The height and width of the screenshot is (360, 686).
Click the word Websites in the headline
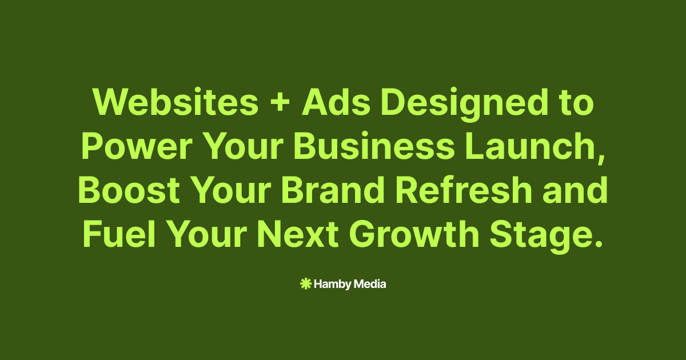(176, 102)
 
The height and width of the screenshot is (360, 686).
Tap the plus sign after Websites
(280, 103)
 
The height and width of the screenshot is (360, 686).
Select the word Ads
(336, 102)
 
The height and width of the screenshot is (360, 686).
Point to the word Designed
(464, 105)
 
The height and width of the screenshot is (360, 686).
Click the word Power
(137, 146)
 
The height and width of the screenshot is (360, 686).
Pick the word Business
(374, 146)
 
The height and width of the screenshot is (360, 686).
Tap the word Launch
(531, 146)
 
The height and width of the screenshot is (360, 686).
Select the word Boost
(129, 190)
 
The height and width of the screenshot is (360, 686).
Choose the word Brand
(333, 190)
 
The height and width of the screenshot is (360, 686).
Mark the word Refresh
(464, 190)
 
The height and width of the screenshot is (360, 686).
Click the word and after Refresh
(575, 190)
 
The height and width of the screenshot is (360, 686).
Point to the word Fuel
(119, 234)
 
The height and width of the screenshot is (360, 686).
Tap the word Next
(298, 234)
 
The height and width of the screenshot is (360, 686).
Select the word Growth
(414, 234)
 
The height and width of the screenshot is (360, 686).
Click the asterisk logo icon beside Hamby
(306, 284)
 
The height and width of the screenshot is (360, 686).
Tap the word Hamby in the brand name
(333, 285)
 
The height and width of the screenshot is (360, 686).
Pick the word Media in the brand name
(370, 284)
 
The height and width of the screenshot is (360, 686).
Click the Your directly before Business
(243, 146)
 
